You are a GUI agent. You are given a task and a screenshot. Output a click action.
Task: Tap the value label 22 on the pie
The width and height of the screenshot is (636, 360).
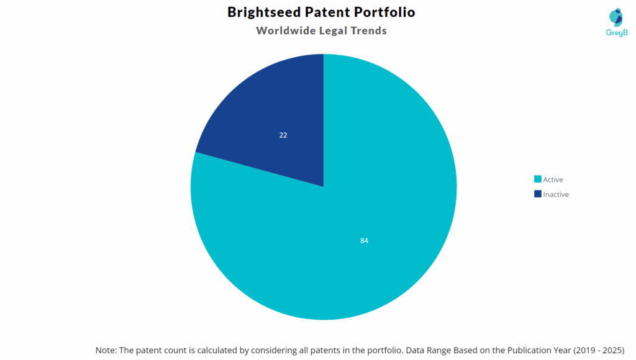point(283,135)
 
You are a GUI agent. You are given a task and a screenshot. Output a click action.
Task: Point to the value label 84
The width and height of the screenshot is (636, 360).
point(364,240)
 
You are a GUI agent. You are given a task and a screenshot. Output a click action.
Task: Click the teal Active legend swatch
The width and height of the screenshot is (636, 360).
point(537,179)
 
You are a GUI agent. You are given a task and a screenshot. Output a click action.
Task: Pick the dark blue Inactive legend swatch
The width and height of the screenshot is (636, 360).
point(537,194)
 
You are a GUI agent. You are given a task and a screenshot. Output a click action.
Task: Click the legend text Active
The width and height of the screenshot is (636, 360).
point(553,179)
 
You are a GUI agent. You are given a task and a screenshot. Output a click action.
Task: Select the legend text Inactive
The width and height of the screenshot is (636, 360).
point(556,194)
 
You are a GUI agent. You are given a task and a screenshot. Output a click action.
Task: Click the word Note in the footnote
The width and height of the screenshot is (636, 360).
point(106,350)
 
